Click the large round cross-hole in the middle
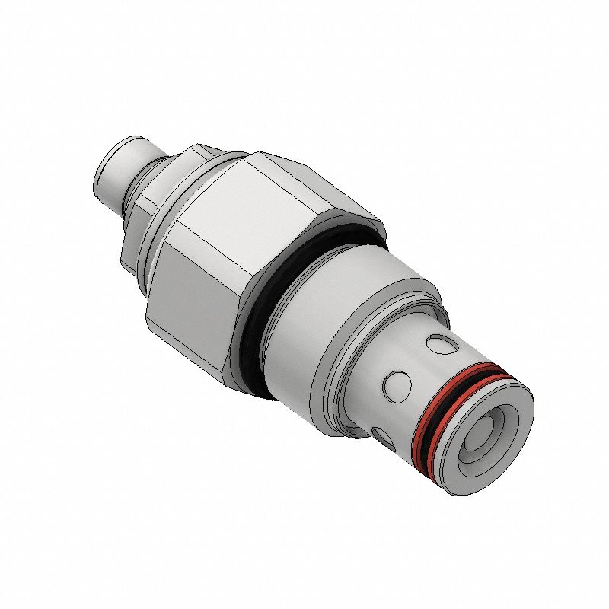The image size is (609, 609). coord(397,384)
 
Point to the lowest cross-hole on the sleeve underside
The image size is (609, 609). coord(381,435)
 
